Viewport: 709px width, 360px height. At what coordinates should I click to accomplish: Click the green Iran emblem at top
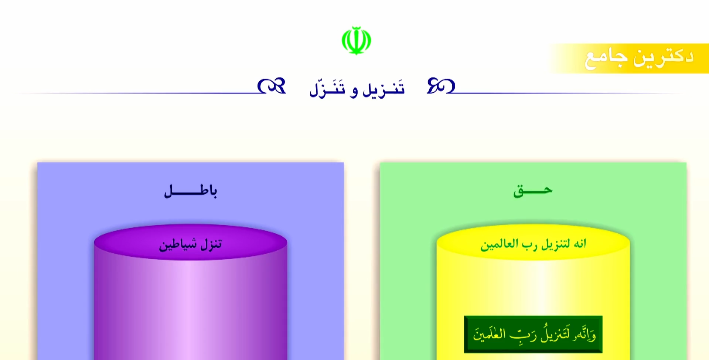(356, 40)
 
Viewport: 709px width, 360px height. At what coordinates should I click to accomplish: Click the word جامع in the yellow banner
(606, 58)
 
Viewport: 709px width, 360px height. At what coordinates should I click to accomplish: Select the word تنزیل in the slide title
(384, 89)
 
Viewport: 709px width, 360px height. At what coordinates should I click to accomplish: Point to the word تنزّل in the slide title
(327, 89)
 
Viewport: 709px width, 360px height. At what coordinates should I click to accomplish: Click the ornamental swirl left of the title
(272, 86)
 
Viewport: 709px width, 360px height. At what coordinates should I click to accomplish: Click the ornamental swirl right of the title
(441, 86)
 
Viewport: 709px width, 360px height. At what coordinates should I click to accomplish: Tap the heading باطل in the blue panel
(191, 191)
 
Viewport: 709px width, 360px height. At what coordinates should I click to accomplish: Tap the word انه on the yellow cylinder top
(580, 244)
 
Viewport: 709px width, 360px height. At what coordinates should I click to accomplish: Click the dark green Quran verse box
(533, 334)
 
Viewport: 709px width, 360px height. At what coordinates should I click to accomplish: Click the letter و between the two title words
(354, 91)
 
